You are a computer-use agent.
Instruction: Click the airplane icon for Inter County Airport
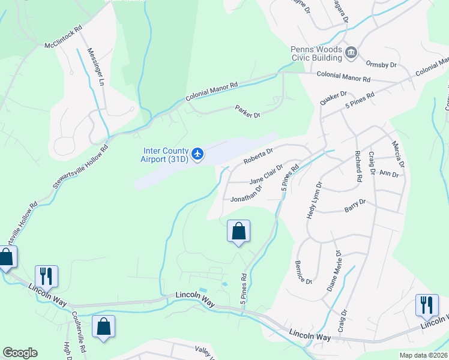click(x=198, y=155)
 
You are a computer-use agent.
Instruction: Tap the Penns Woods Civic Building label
click(x=316, y=53)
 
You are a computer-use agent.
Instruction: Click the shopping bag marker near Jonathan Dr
click(x=238, y=231)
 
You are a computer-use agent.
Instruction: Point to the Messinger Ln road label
click(x=96, y=67)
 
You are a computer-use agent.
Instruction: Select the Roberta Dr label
click(x=258, y=156)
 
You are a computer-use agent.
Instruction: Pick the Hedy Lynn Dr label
click(x=313, y=200)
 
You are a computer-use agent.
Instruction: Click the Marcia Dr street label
click(x=397, y=154)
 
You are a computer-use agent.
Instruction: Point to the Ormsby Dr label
click(x=382, y=64)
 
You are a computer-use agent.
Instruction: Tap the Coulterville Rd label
click(x=79, y=331)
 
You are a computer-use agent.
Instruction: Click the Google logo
click(x=20, y=353)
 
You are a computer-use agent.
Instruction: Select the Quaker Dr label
click(x=334, y=98)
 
